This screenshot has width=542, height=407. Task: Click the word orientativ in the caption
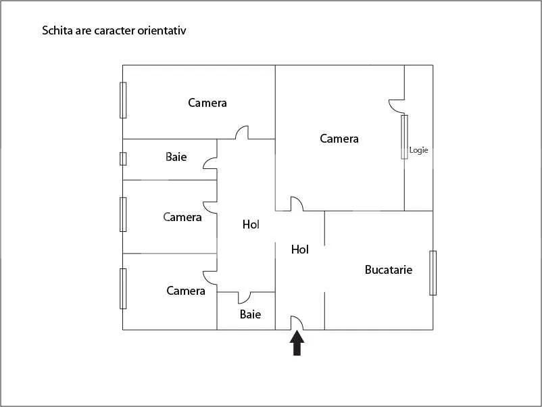pyautogui.click(x=165, y=30)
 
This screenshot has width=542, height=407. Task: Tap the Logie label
pyautogui.click(x=418, y=150)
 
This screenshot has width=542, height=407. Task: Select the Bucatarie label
pyautogui.click(x=388, y=270)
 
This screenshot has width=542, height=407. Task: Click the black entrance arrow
pyautogui.click(x=297, y=343)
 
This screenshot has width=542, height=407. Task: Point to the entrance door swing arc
pyautogui.click(x=297, y=322)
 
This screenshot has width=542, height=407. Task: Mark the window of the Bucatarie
pyautogui.click(x=433, y=272)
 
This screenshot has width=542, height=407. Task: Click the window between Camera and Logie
pyautogui.click(x=404, y=137)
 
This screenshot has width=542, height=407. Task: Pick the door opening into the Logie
pyautogui.click(x=396, y=105)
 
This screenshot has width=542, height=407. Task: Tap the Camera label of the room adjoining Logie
pyautogui.click(x=339, y=139)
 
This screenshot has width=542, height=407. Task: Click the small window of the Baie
pyautogui.click(x=123, y=158)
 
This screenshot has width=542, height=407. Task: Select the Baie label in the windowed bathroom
pyautogui.click(x=176, y=157)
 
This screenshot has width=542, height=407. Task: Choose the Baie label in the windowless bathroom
pyautogui.click(x=250, y=314)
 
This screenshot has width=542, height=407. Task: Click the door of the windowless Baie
pyautogui.click(x=244, y=297)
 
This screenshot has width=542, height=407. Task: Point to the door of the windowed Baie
pyautogui.click(x=210, y=163)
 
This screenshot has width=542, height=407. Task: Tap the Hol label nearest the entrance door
pyautogui.click(x=300, y=249)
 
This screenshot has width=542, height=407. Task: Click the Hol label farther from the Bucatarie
pyautogui.click(x=251, y=224)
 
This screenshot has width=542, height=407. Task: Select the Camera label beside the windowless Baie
pyautogui.click(x=186, y=291)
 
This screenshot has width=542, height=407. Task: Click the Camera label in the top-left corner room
pyautogui.click(x=207, y=103)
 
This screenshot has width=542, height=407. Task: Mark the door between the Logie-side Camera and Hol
pyautogui.click(x=296, y=203)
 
